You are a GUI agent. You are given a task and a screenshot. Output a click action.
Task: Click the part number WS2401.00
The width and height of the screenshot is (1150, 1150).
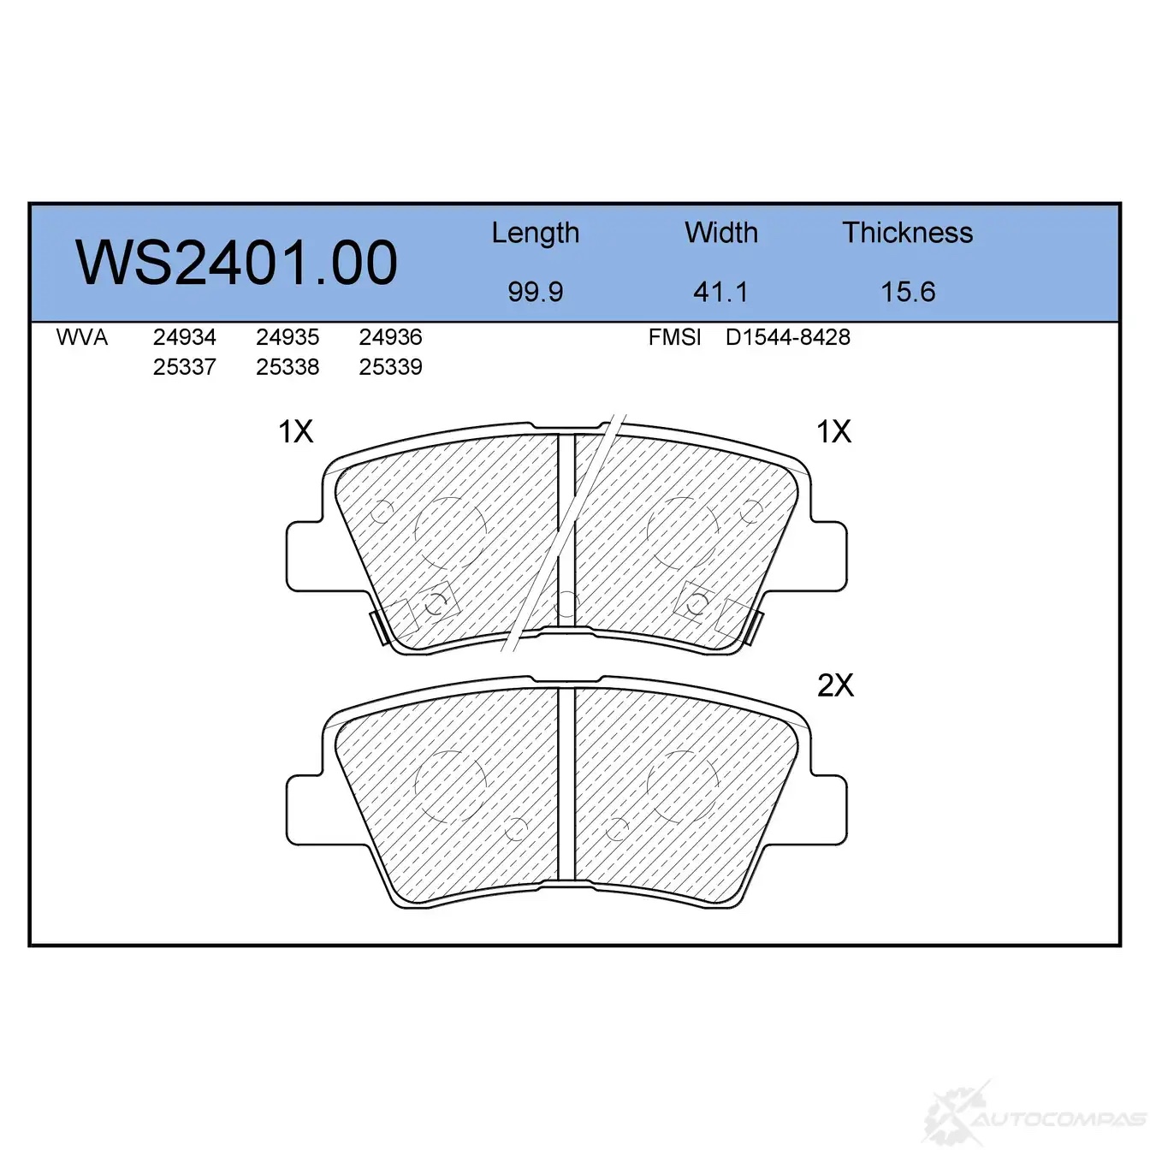[236, 263]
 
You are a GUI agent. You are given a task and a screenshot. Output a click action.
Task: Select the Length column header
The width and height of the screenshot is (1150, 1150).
[536, 234]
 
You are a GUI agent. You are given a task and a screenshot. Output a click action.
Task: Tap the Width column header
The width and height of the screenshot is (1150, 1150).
[721, 232]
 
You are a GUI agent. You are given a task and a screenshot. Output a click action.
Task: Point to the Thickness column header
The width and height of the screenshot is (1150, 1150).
[907, 232]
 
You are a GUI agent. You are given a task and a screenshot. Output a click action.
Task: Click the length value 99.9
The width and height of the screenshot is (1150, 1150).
[536, 292]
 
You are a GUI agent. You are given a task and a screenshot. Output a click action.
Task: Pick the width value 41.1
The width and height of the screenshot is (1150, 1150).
[720, 292]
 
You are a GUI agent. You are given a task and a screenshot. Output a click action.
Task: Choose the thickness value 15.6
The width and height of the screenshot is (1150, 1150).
[908, 292]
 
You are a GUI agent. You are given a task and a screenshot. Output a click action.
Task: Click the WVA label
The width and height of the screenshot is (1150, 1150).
[82, 337]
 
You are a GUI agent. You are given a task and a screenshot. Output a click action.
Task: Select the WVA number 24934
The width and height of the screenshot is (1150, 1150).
[185, 337]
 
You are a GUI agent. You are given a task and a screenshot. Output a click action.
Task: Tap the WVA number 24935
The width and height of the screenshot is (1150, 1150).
[287, 337]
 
